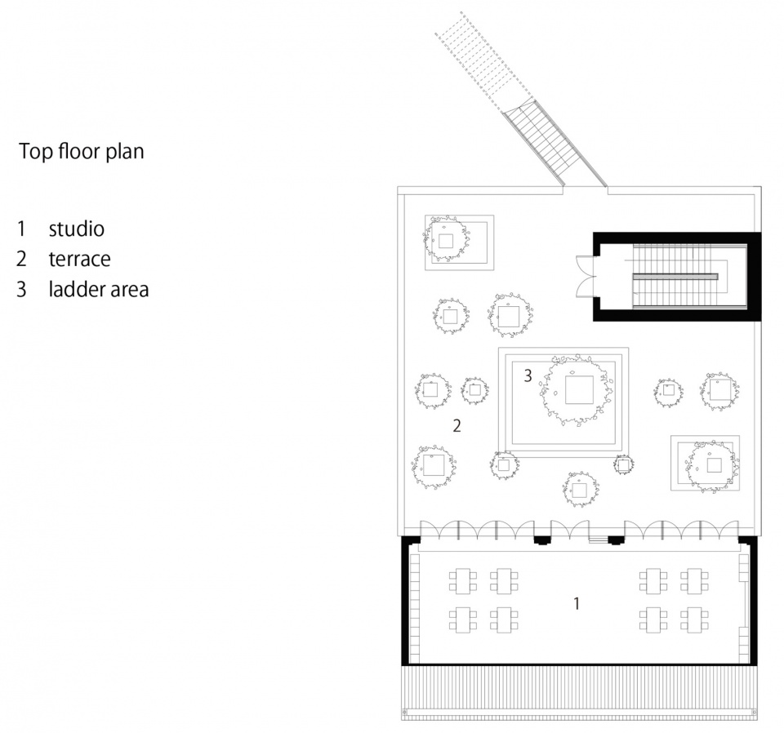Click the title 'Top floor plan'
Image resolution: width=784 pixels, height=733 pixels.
82,151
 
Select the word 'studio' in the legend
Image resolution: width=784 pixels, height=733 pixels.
77,229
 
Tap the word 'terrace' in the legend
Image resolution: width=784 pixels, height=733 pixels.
79,259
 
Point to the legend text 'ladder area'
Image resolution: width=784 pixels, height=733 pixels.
99,289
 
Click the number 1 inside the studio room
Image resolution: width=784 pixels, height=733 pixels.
577,603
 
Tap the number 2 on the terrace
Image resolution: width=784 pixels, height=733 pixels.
457,426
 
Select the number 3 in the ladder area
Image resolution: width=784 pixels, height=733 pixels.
528,375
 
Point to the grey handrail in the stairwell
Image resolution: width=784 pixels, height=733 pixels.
675,277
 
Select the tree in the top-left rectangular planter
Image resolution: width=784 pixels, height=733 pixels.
446,238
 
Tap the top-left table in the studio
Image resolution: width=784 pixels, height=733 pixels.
462,581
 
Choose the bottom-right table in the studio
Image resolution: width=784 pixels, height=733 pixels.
694,620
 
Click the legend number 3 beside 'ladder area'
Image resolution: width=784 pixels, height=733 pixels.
21,290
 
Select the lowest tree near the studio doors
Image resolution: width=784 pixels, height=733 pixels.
580,489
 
